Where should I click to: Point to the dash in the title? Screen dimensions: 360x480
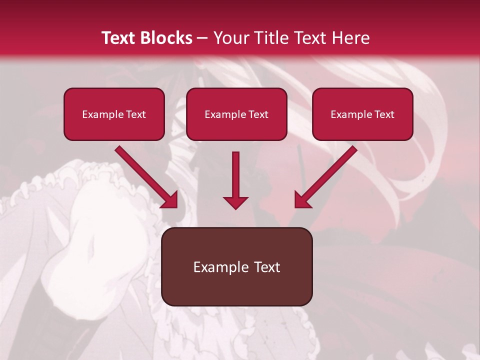202,38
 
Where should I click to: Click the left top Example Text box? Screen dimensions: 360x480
114,114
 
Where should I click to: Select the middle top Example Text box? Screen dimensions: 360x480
236,114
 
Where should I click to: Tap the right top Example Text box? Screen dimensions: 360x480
362,114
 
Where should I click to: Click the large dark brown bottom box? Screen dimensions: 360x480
236,266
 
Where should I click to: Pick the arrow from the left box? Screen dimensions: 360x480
145,176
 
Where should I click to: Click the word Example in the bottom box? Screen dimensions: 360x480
221,267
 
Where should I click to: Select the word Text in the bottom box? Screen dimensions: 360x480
266,267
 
